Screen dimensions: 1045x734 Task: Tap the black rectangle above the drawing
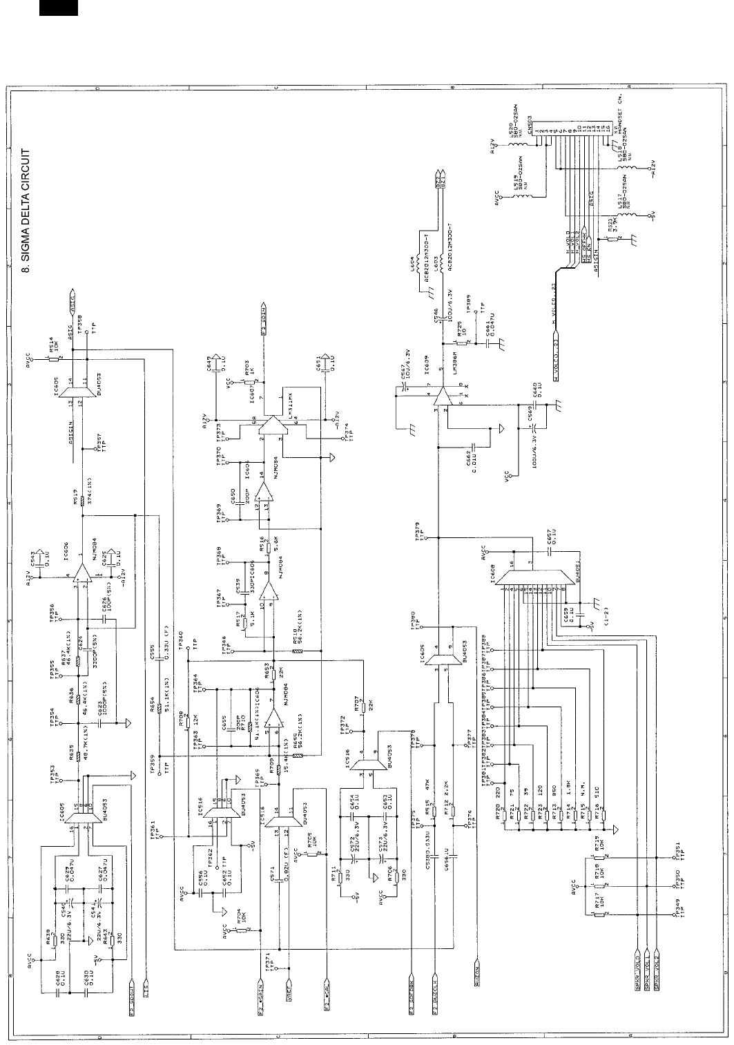tap(58, 8)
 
